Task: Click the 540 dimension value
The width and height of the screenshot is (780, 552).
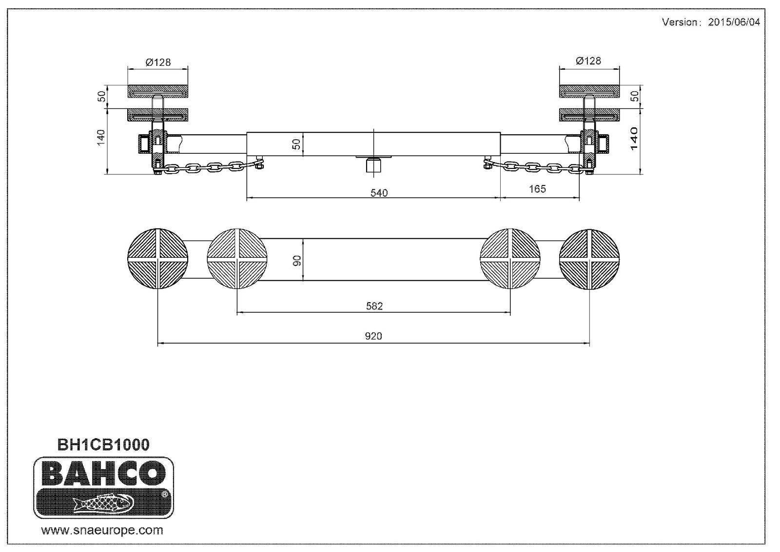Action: [x=379, y=193]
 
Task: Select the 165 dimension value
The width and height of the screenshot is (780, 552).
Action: [x=537, y=189]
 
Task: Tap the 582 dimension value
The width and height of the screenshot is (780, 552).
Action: [x=374, y=306]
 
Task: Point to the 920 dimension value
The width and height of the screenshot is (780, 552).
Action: [x=373, y=336]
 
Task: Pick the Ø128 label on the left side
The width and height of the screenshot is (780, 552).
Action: [x=158, y=62]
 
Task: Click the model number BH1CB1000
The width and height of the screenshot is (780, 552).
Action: [x=103, y=445]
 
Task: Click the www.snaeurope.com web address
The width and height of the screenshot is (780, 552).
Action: [x=102, y=530]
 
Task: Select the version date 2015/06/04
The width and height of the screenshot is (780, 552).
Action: [x=733, y=22]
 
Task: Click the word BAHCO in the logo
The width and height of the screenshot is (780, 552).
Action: [x=103, y=472]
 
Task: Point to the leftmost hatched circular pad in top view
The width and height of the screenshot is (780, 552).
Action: [x=157, y=259]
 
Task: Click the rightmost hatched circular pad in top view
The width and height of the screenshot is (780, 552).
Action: [x=589, y=259]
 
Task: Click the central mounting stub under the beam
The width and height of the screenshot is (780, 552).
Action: [x=373, y=165]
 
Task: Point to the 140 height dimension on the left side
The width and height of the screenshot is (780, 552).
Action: [x=101, y=138]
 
